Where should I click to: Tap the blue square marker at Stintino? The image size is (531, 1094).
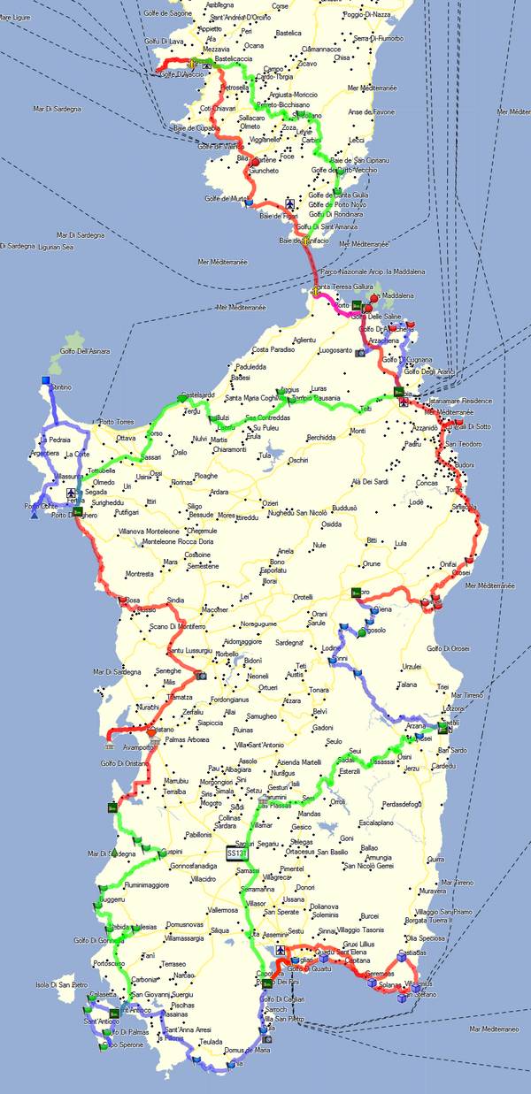click(x=45, y=381)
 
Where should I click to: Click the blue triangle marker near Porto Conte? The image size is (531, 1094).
click(x=34, y=515)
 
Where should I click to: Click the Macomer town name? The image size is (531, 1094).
click(x=216, y=609)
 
